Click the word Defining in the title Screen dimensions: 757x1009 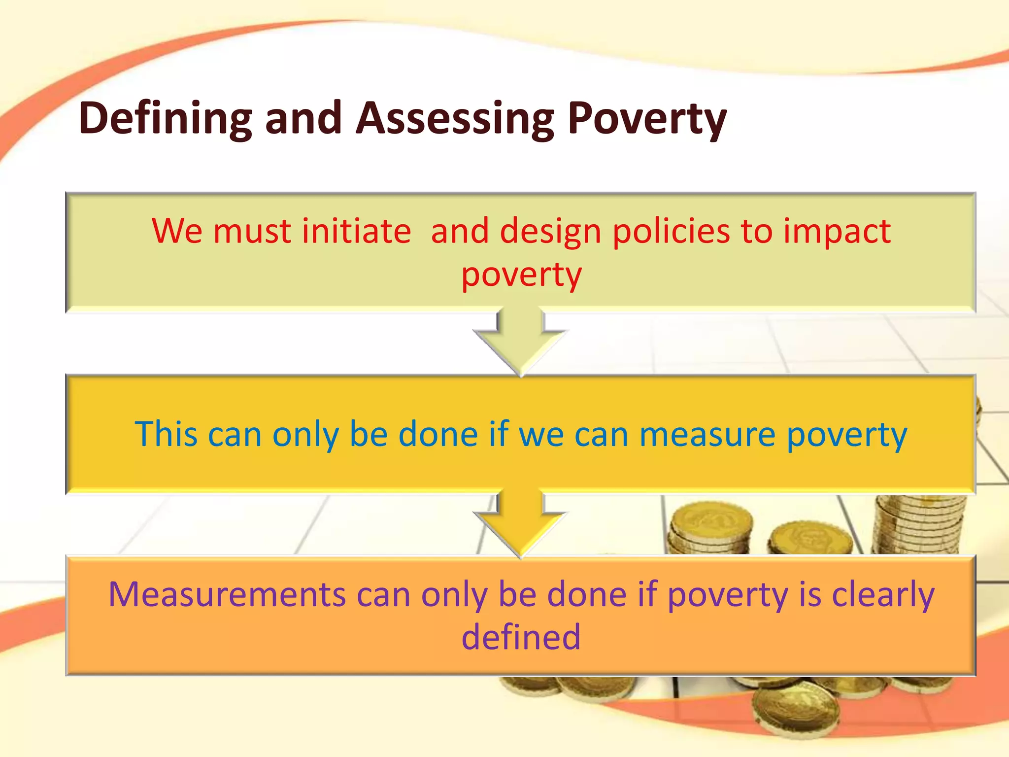165,118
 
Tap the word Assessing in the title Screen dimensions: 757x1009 455,118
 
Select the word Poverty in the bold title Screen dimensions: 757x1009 647,118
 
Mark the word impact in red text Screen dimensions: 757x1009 837,232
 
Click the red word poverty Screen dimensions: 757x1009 521,275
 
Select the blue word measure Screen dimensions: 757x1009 707,435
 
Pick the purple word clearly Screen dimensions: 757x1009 883,595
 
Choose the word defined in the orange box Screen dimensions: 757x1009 521,637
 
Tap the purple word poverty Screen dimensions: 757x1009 728,595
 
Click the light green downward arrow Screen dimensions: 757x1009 521,340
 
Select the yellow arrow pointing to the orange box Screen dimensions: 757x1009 521,522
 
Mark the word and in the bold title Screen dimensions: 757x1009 303,118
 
